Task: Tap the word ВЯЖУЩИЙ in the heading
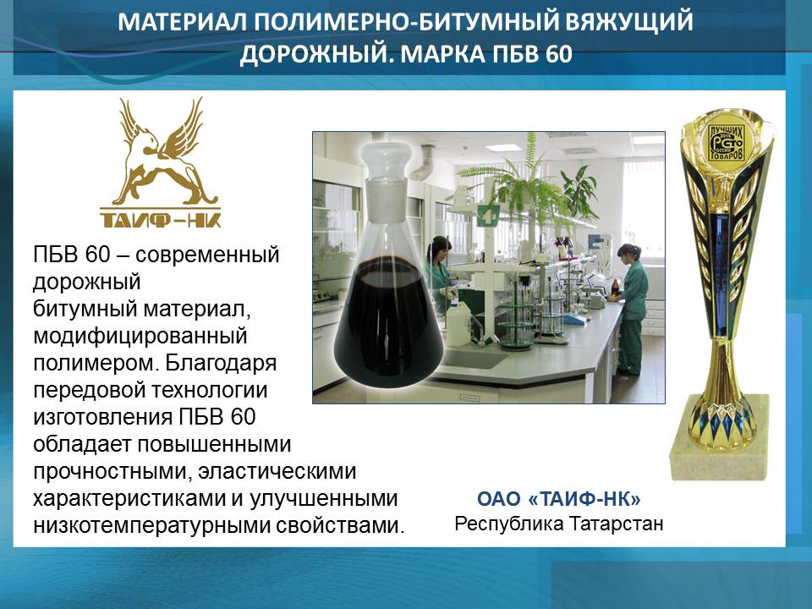click(628, 22)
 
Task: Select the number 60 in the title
click(558, 54)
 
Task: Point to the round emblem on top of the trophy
click(726, 142)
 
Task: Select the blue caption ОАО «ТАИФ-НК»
click(559, 499)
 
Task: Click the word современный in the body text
click(207, 255)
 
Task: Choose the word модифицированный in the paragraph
click(140, 337)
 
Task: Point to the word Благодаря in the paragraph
click(221, 364)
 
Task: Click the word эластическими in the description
click(277, 472)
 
